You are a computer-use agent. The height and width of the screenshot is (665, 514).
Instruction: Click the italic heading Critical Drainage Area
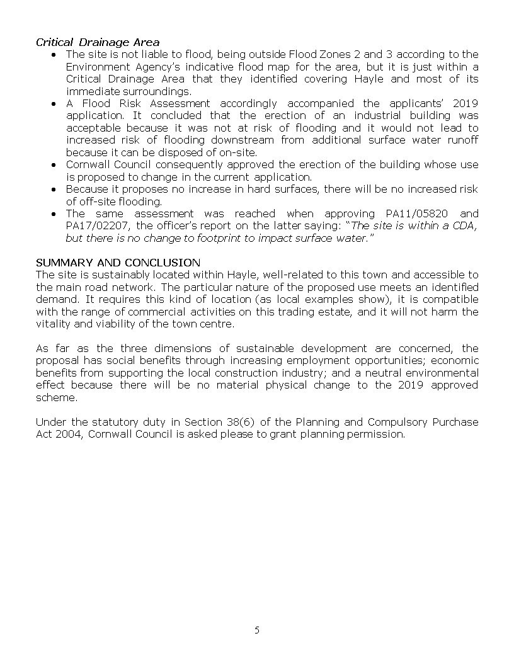click(x=98, y=42)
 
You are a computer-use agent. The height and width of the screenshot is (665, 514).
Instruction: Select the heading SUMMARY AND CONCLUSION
click(x=118, y=262)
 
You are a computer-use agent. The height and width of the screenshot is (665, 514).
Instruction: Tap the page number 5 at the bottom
click(x=257, y=630)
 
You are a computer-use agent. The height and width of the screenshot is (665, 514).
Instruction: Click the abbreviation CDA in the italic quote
click(x=466, y=226)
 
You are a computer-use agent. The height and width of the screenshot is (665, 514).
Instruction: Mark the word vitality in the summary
click(x=52, y=324)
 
